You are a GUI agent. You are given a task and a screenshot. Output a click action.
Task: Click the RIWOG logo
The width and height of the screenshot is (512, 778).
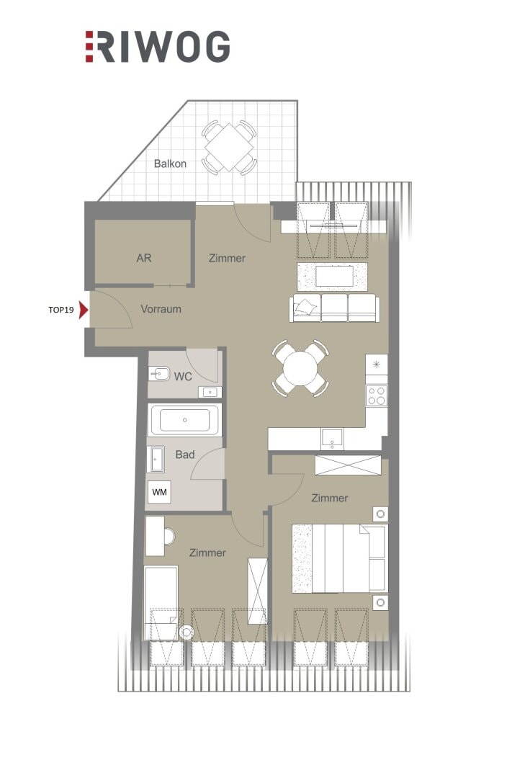157,47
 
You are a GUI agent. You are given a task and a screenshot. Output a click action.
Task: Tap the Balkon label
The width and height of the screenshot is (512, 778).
170,164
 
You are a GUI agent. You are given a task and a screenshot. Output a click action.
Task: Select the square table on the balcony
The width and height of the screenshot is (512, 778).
229,148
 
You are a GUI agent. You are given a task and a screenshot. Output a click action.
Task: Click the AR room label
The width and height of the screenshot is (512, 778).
144,258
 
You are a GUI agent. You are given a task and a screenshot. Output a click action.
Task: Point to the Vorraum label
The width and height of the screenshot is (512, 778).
161,309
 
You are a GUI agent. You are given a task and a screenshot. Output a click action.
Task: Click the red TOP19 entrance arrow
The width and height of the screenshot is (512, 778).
84,310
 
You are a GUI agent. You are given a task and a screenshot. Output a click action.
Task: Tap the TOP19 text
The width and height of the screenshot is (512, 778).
61,310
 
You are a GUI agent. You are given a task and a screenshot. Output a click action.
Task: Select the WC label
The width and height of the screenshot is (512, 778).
183,377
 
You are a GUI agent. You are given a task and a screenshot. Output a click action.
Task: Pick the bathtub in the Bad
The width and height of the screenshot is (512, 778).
184,420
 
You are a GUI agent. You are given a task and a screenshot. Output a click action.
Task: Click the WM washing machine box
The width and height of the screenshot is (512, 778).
159,492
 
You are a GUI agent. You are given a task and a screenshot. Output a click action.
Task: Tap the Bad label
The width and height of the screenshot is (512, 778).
185,455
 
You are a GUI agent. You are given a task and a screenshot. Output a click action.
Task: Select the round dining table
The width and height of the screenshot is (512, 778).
300,368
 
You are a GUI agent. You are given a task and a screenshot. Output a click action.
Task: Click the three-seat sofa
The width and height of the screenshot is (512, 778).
334,308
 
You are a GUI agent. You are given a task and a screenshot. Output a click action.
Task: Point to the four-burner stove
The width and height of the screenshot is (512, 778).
376,395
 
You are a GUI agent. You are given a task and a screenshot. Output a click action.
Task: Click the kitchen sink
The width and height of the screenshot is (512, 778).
331,439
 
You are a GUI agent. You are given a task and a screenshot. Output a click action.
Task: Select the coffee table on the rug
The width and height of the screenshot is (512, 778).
334,277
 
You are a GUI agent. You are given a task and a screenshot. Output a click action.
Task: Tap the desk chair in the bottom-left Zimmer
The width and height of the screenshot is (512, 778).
169,537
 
